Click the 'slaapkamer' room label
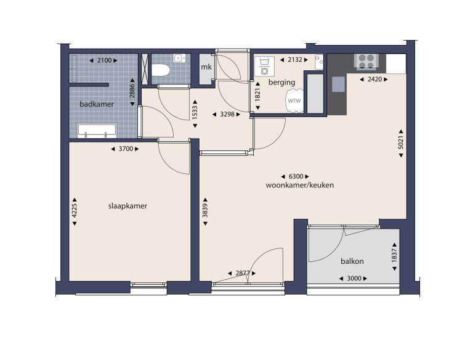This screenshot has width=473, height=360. pos(127,206)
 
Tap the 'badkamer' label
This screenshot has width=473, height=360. pos(97,104)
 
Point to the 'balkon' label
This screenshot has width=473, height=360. pos(352,261)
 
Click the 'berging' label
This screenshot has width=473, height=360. pos(282,82)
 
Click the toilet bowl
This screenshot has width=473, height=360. pos(161,71)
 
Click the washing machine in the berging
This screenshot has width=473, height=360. pos(265,66)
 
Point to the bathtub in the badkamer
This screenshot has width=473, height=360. pos(96,130)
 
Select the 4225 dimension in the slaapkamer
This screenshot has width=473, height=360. pos(75,211)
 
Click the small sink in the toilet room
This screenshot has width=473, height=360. pos(180,59)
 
